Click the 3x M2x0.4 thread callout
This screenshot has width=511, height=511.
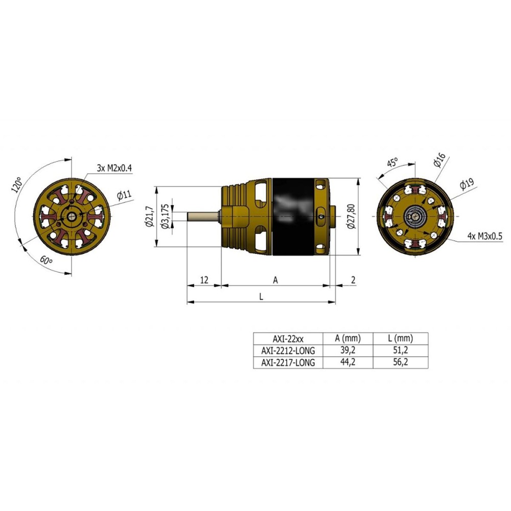(114, 168)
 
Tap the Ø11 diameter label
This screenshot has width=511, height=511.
(124, 195)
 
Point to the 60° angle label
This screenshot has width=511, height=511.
(47, 261)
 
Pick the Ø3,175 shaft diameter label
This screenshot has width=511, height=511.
(165, 216)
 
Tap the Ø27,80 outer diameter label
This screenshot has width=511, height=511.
(352, 216)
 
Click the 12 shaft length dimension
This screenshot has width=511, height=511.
(204, 280)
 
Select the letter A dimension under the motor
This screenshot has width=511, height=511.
(275, 280)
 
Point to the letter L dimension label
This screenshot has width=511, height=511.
(261, 296)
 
